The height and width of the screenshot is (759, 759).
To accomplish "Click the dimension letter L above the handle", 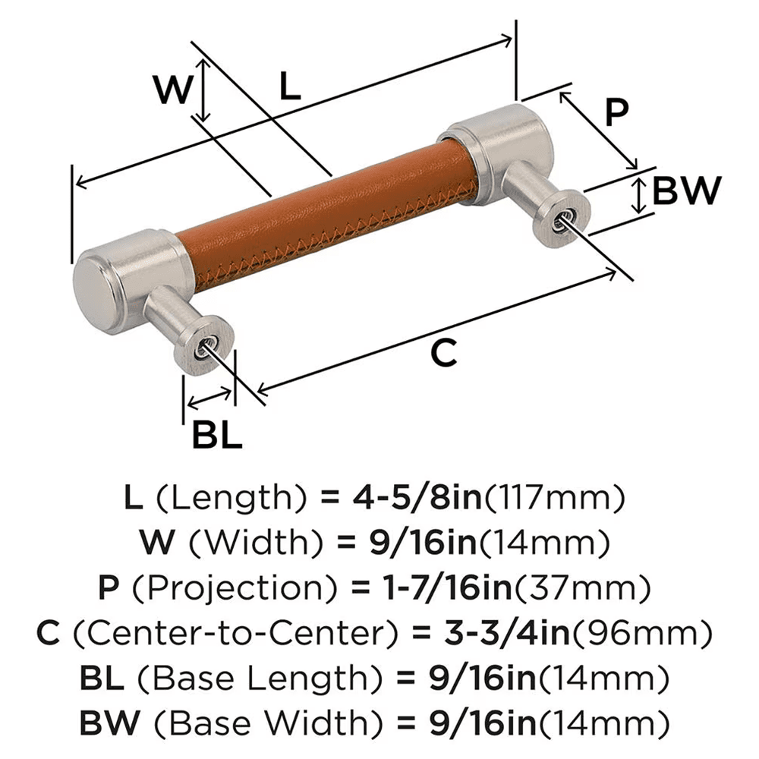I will (289, 89).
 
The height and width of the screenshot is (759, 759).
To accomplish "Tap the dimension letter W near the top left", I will (173, 91).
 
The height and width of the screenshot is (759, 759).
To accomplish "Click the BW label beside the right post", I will (685, 191).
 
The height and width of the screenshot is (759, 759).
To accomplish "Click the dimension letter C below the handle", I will (443, 353).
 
